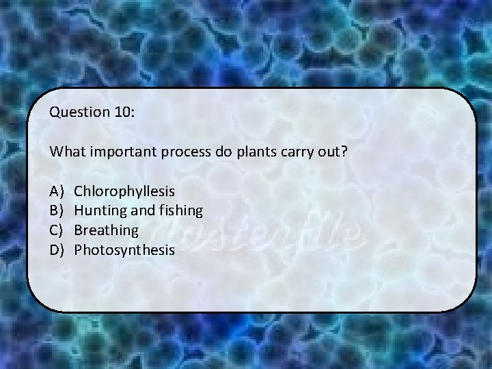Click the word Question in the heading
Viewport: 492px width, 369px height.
[x=75, y=112]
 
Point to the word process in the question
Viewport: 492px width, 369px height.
[x=187, y=152]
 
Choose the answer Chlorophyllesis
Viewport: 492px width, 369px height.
[x=124, y=191]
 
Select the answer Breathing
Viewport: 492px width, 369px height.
[x=106, y=230]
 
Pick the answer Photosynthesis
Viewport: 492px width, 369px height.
[x=124, y=250]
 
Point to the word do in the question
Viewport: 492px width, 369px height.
[x=223, y=151]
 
